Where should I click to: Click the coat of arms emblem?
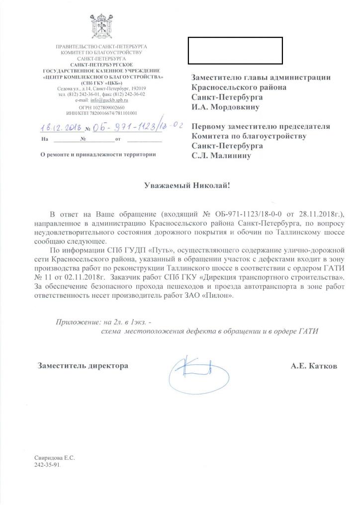point(102,27)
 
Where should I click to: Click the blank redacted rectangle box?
point(235,50)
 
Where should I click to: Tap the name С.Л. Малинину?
point(222,156)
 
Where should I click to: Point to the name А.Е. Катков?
point(313,366)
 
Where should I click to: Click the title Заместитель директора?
point(83,366)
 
